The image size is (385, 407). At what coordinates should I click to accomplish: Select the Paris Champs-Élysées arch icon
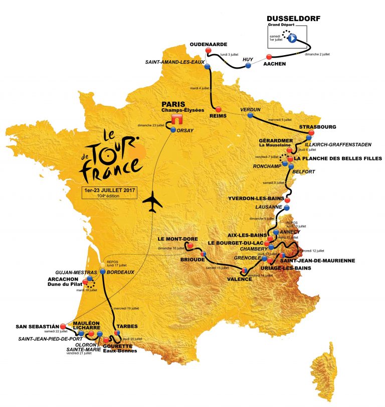[176, 119]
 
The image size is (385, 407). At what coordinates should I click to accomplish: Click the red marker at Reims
[219, 108]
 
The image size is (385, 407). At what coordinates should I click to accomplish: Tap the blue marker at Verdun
[250, 115]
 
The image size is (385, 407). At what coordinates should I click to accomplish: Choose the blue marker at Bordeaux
[103, 272]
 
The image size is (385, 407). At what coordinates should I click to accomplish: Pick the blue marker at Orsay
[173, 130]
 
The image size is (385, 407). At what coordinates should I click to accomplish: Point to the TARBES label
[125, 325]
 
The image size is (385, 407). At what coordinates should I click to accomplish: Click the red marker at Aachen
[269, 56]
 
